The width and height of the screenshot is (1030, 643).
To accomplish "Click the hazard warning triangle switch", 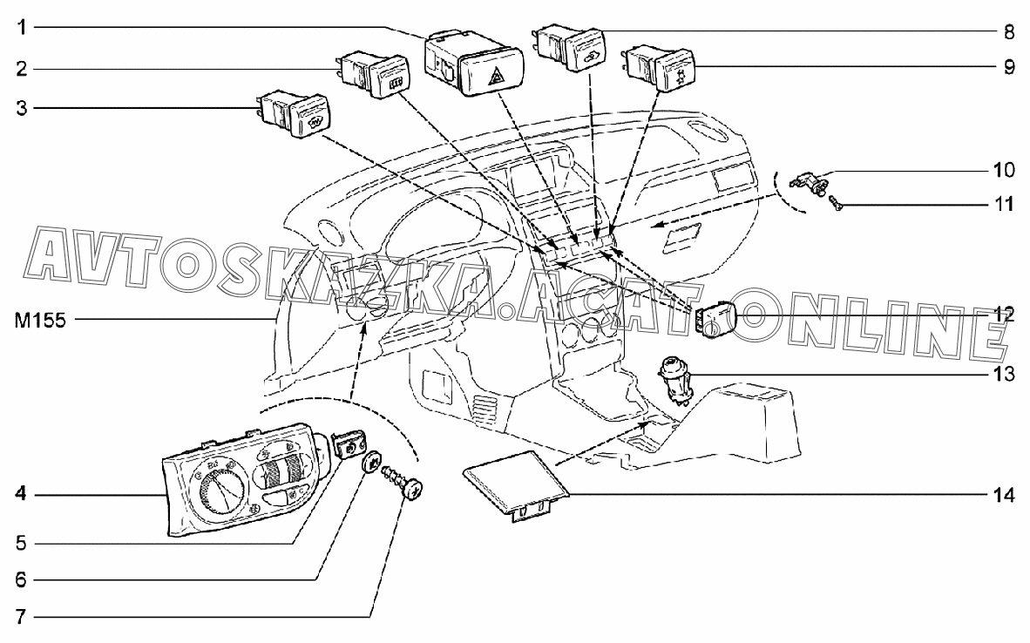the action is click(x=475, y=64).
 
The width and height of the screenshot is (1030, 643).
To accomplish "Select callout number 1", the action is click(x=23, y=28).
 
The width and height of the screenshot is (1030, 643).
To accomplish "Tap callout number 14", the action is click(x=1004, y=494).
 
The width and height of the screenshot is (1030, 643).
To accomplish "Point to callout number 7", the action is click(x=22, y=617).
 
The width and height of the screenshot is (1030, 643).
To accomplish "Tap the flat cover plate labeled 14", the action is click(x=516, y=484).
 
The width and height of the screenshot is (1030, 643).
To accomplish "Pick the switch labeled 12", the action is click(x=715, y=319).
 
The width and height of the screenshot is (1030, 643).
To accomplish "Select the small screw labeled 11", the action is click(x=837, y=203).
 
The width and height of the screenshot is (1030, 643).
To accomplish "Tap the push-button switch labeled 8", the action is click(x=570, y=47).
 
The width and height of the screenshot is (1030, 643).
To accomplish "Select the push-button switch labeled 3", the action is click(x=294, y=113).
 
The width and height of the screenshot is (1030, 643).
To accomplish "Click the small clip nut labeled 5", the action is click(x=349, y=444).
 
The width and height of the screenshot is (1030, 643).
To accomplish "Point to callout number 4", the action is click(x=22, y=494).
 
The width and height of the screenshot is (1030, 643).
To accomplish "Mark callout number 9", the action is click(x=1009, y=67).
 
